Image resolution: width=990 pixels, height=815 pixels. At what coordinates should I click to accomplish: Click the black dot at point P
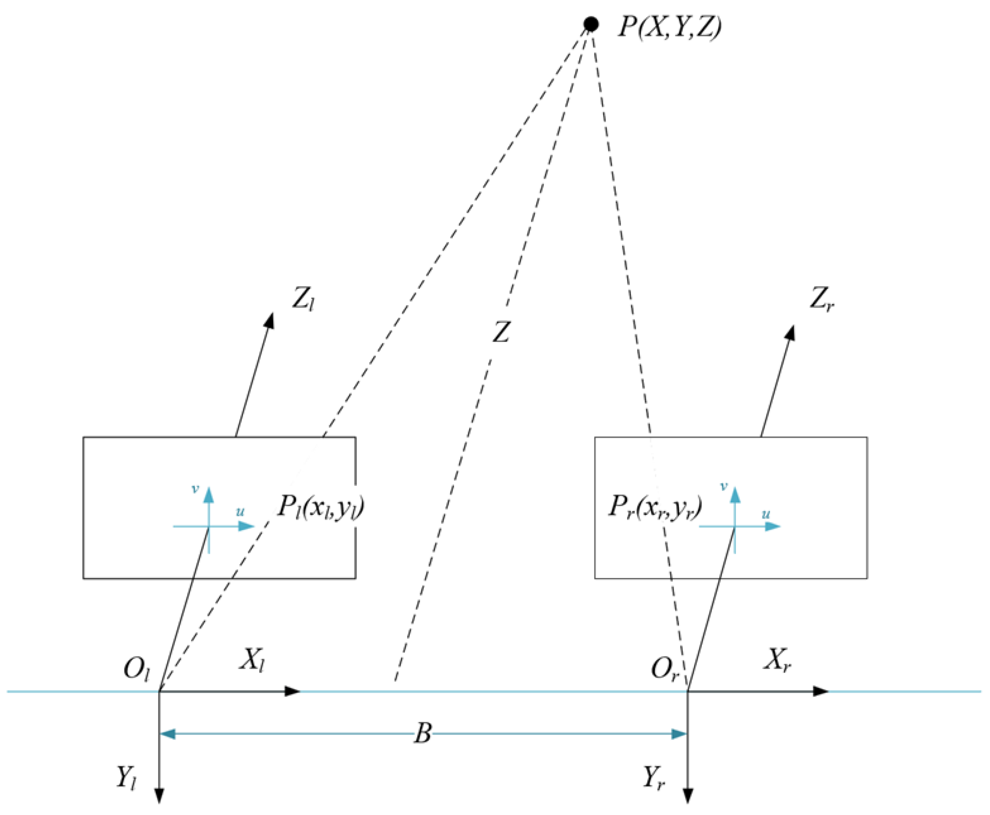click(x=591, y=24)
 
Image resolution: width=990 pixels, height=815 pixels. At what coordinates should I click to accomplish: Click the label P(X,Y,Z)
click(x=669, y=27)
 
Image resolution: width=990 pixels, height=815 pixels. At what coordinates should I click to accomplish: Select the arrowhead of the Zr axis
click(x=790, y=333)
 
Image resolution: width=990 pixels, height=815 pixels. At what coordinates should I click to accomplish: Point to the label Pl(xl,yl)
click(x=321, y=508)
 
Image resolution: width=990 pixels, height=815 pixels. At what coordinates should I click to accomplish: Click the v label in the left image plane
click(x=195, y=489)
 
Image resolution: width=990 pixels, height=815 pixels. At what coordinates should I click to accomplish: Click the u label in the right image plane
click(x=766, y=514)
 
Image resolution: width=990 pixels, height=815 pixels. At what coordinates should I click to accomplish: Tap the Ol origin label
click(x=136, y=669)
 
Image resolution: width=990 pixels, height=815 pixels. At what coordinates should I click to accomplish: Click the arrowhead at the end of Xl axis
click(x=293, y=691)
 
